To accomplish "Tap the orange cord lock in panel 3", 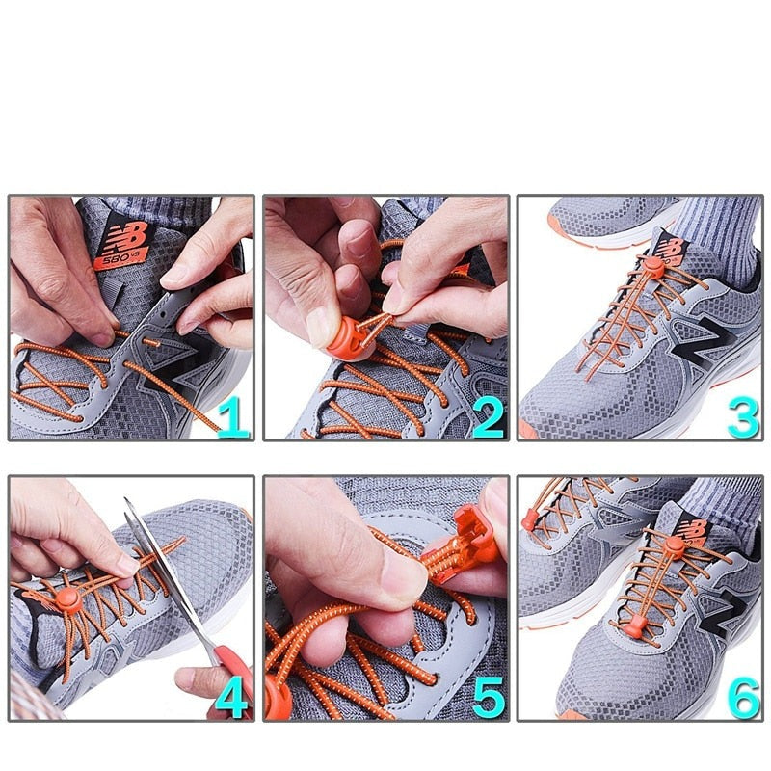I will pyautogui.click(x=654, y=267).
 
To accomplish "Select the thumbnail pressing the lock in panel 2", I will pyautogui.click(x=323, y=323).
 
